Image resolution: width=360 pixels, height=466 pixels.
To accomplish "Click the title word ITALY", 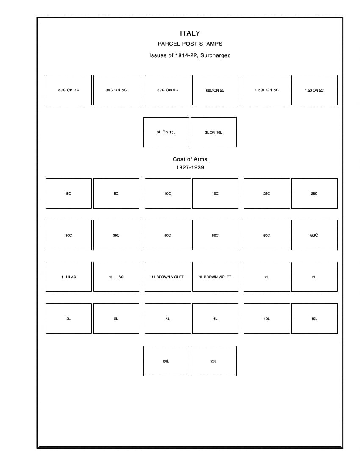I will (190, 33).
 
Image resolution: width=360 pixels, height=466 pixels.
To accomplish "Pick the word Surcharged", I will (216, 55).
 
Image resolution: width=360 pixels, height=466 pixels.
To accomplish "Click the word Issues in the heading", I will (158, 55).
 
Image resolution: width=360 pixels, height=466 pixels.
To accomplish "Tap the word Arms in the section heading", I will (201, 159).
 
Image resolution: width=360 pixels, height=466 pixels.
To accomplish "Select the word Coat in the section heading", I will (179, 159).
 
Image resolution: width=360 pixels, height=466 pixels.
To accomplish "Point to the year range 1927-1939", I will (190, 168).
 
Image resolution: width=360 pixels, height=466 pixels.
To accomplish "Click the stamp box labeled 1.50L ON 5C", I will (267, 90).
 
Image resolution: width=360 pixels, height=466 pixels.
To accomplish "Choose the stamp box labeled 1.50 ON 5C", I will (314, 90).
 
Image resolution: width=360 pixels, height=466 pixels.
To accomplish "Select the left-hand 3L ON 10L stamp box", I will (166, 133).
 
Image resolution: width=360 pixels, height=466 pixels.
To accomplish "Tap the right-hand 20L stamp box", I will (213, 361).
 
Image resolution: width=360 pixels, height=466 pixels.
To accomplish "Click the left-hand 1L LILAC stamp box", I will (69, 277).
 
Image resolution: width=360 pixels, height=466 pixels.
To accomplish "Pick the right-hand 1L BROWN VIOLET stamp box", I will (215, 277).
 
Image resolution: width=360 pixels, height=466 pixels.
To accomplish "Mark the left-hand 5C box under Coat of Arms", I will (69, 194).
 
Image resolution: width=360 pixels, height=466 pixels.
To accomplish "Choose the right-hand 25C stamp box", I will (314, 194).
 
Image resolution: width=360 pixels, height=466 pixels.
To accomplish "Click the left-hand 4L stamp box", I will (168, 319).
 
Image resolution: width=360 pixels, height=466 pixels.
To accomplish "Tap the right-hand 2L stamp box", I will (314, 277).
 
